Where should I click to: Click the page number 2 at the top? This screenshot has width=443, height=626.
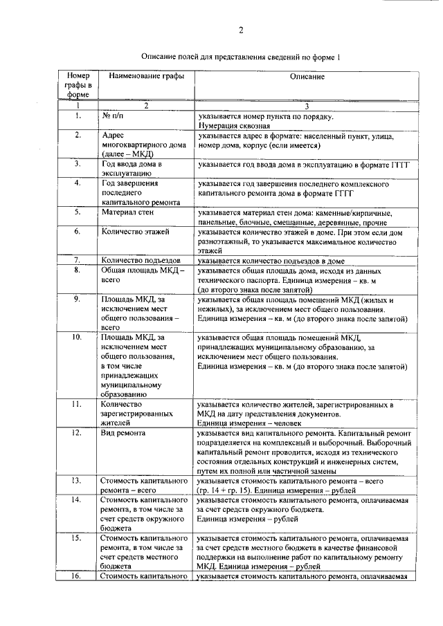point(240,30)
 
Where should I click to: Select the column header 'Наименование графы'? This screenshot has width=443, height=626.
point(143,75)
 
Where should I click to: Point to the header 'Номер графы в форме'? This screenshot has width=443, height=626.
point(78,84)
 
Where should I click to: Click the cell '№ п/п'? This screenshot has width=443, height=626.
point(107,117)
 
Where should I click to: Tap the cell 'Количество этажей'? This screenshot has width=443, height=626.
point(133,232)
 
